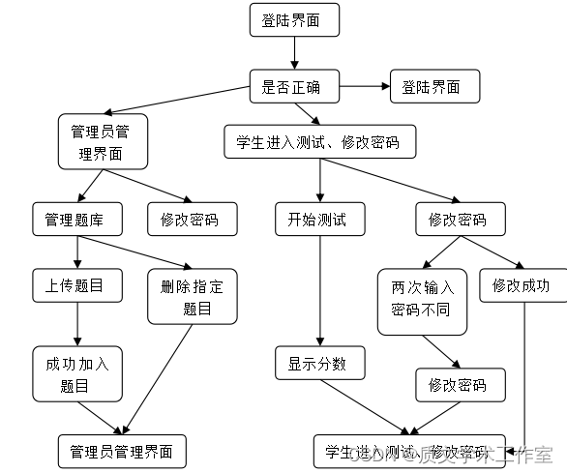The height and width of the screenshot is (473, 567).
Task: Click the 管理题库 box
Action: click(x=76, y=220)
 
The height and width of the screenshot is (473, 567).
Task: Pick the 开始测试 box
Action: click(x=318, y=220)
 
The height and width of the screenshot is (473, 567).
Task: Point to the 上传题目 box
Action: click(x=76, y=285)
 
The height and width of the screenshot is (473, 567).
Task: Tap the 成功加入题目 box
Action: click(x=76, y=374)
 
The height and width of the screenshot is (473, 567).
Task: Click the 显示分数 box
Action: click(x=318, y=365)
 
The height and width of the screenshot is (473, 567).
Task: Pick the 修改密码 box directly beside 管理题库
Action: click(x=190, y=220)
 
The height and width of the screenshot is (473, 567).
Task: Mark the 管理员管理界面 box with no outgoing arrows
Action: click(x=122, y=452)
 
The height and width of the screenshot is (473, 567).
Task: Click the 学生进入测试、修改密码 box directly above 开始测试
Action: click(x=318, y=143)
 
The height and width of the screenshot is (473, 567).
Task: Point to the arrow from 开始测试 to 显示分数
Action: click(x=318, y=290)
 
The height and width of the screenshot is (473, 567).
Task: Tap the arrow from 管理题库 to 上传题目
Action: click(x=76, y=251)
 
